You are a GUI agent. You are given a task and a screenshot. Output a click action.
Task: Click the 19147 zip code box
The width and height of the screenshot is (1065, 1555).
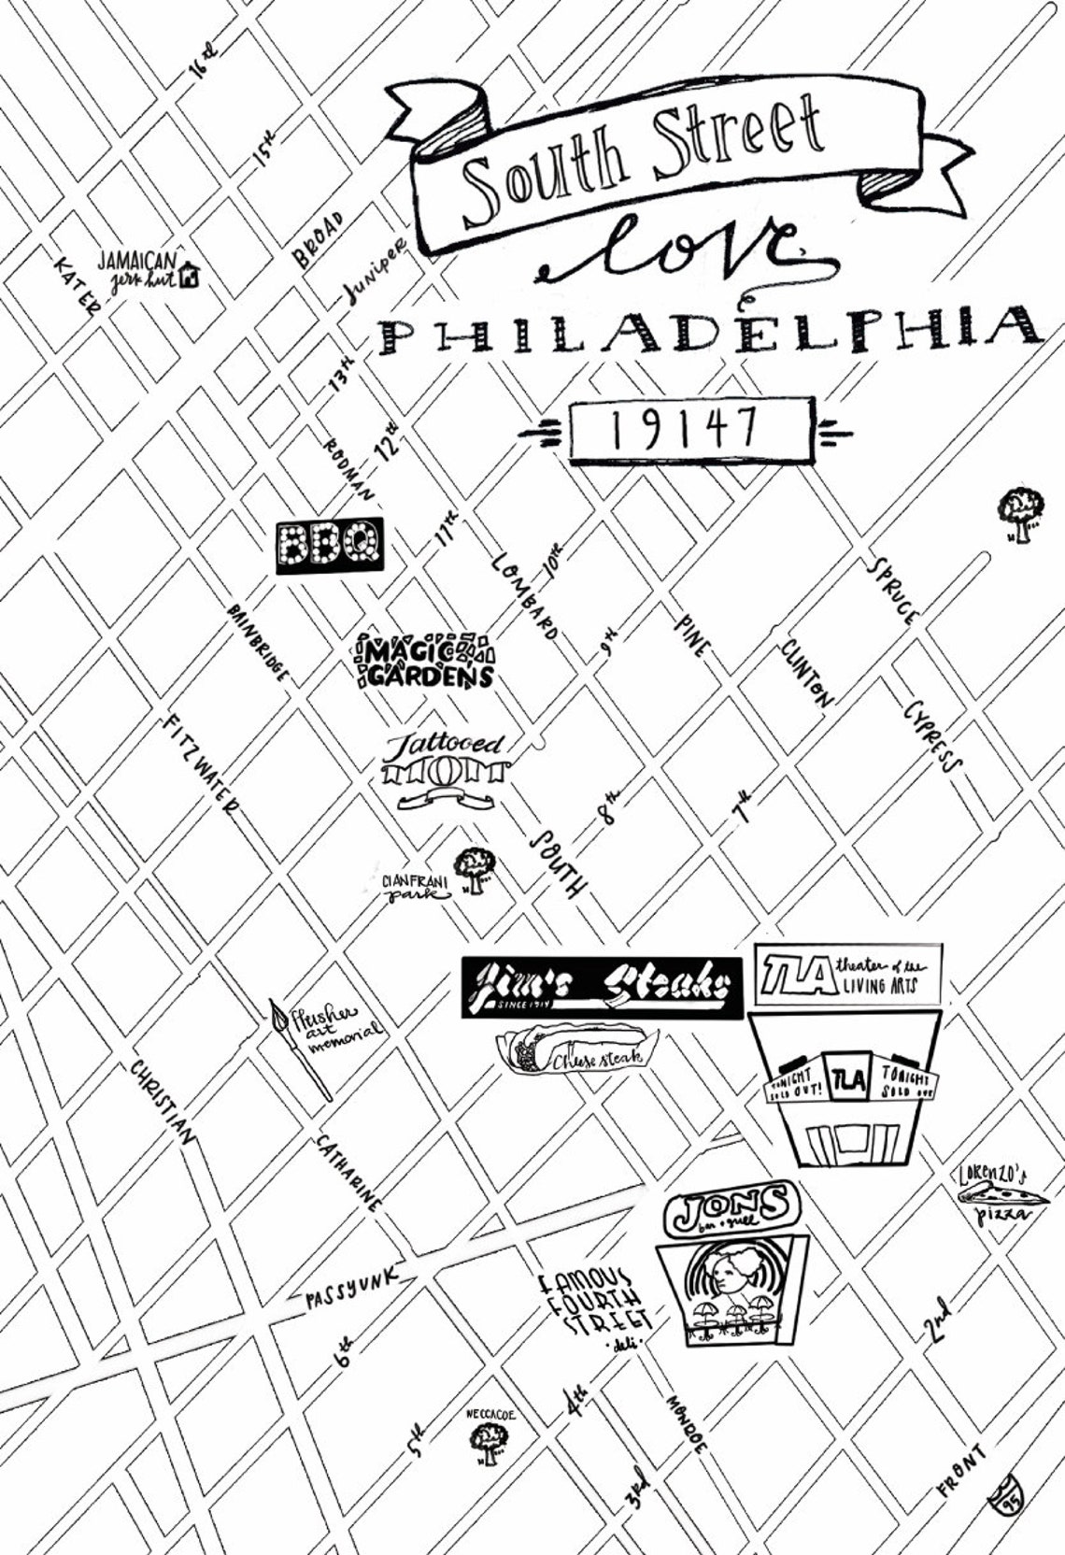689,430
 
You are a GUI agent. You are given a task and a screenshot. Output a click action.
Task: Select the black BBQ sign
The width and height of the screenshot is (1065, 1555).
330,545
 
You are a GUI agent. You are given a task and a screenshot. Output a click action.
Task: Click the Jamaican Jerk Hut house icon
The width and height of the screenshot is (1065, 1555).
192,274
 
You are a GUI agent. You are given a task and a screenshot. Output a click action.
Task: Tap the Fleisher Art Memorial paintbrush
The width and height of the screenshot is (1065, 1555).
301,1048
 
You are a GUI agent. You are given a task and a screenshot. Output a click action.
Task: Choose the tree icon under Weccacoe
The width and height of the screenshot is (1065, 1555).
488,1445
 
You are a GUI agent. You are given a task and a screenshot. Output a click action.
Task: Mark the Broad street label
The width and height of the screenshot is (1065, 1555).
321,240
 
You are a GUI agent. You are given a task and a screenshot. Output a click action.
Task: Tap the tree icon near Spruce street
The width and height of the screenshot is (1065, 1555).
1020,513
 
